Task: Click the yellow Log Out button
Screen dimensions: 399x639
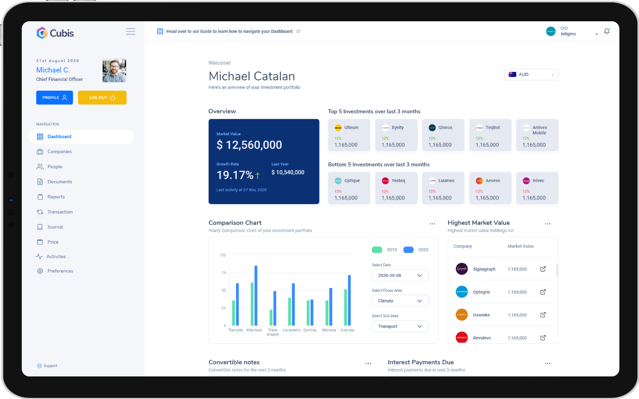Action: point(102,97)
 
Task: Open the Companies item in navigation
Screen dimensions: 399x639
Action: point(59,152)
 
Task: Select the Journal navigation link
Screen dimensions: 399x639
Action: point(55,227)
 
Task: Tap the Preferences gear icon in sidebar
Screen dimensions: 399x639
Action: point(40,271)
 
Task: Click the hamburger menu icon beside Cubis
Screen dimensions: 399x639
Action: point(130,31)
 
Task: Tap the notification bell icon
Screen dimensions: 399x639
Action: point(607,31)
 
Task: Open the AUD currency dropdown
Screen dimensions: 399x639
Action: point(531,74)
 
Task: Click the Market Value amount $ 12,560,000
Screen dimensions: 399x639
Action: point(249,145)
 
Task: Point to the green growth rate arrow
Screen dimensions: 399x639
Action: point(258,175)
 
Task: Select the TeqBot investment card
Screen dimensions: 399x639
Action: point(490,135)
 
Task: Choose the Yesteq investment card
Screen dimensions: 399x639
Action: point(396,188)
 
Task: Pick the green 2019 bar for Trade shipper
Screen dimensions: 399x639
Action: point(271,317)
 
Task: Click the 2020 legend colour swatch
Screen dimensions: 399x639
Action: point(408,250)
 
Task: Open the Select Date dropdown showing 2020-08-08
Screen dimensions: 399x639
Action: point(400,276)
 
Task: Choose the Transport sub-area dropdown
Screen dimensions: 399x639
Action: point(400,326)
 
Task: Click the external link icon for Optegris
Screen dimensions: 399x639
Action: point(543,292)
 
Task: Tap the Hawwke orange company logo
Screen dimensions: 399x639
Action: point(462,315)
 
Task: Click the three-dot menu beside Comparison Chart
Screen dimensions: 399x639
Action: point(432,224)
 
